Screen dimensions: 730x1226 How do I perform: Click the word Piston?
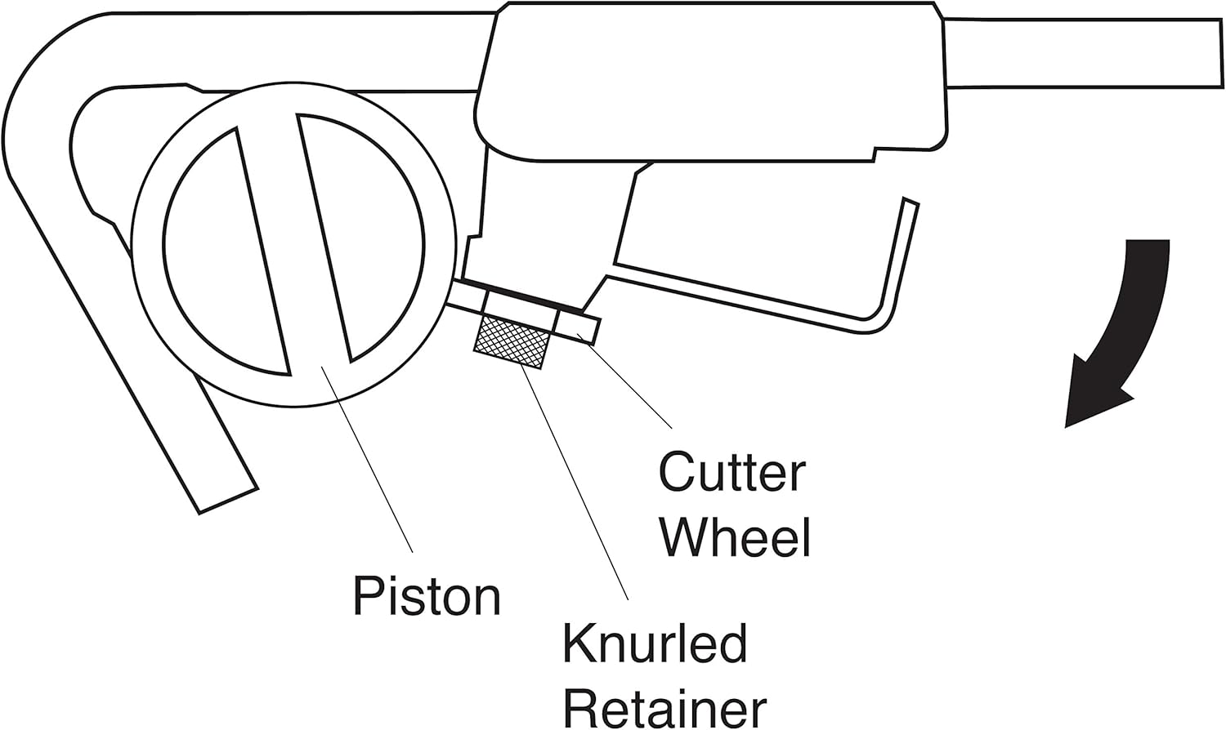click(426, 597)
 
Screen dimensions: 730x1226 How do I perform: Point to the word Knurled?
click(655, 644)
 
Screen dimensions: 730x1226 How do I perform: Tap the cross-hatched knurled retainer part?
click(513, 342)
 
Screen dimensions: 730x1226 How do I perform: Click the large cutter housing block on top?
click(711, 82)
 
